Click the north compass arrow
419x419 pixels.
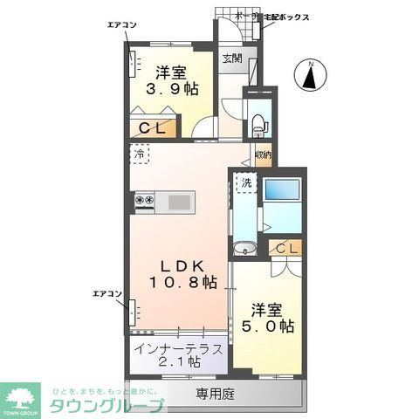point(311,75)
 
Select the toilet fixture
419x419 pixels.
point(258,121)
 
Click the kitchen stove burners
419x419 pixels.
point(144,203)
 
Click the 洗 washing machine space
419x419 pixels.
point(246,185)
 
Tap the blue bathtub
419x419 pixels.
point(283,191)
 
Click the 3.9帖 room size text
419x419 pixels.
point(174,88)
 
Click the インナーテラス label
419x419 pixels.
point(180,348)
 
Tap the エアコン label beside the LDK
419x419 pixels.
point(106,294)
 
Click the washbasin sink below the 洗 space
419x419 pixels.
point(245,247)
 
